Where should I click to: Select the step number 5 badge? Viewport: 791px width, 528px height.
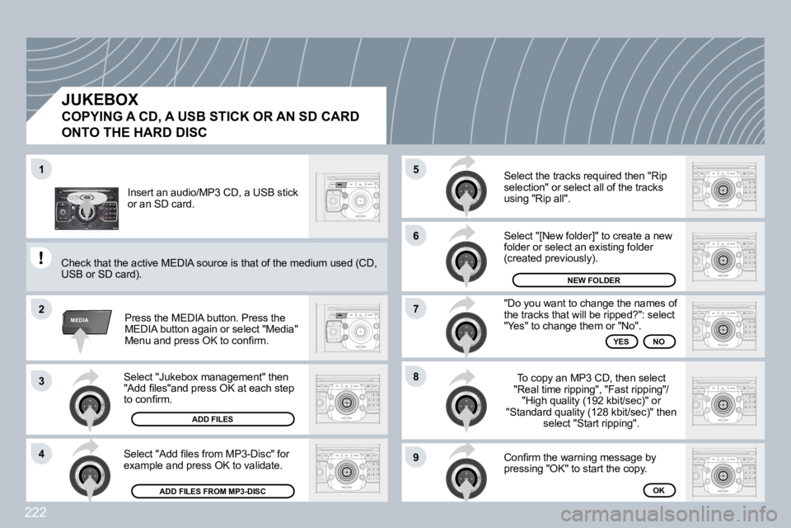[x=417, y=169]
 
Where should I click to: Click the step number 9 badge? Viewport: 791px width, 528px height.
[x=417, y=456]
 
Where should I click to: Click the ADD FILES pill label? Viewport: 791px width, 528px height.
[x=213, y=419]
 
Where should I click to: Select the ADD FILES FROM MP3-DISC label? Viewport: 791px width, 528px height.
[x=213, y=492]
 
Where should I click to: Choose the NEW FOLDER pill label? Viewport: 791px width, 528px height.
[x=593, y=280]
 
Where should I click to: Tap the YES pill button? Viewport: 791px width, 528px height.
[x=621, y=340]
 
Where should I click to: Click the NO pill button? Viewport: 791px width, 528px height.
[x=659, y=340]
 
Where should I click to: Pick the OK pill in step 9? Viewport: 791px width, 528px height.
[x=659, y=490]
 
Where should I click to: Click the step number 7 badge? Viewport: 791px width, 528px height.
[x=417, y=309]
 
